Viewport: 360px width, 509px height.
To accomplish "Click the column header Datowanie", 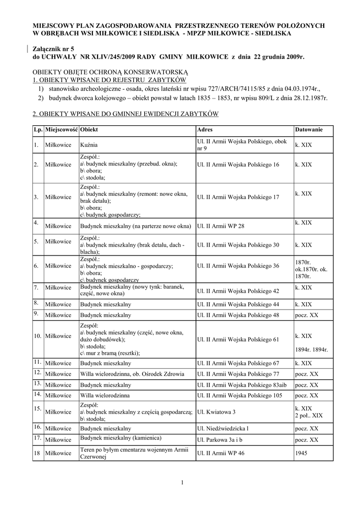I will tap(309, 130).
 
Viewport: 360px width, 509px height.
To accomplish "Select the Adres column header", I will tap(205, 130).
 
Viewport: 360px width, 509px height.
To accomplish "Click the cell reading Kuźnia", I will tap(89, 145).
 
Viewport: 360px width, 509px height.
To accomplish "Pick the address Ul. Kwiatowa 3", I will tap(216, 412).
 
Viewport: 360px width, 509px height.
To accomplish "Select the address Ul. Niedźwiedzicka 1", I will tap(222, 428).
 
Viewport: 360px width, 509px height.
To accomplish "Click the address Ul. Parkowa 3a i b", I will tap(220, 440).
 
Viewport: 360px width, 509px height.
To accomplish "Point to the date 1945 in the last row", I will tap(301, 453).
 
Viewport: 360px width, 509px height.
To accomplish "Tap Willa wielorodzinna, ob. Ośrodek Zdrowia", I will tap(132, 374).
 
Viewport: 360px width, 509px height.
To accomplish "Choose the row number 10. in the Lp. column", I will tap(37, 336).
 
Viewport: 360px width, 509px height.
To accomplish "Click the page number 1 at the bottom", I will tap(182, 482).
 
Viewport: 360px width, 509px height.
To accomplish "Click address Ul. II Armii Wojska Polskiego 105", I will tap(240, 396).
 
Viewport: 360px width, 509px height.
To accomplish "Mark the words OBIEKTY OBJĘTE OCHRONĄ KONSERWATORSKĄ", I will tap(110, 72).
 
